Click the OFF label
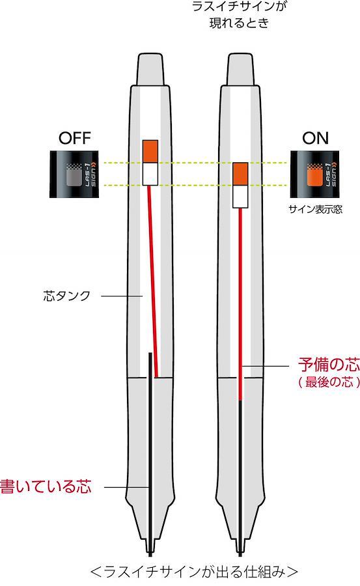click(x=75, y=138)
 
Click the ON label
click(x=315, y=138)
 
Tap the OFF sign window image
click(x=74, y=174)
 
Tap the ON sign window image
click(x=315, y=174)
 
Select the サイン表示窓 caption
click(x=315, y=209)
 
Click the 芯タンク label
click(x=67, y=296)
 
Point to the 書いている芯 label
click(x=46, y=486)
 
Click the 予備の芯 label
click(x=329, y=364)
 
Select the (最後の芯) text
click(x=329, y=382)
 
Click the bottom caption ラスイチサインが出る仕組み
click(x=194, y=572)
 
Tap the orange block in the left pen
click(x=150, y=151)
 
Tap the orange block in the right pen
click(x=240, y=174)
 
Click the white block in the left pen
click(x=150, y=174)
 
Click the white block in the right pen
click(x=240, y=197)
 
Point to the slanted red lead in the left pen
click(x=153, y=281)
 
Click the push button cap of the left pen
click(x=150, y=70)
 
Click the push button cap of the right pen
click(x=240, y=70)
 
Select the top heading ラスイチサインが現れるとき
click(x=239, y=15)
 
